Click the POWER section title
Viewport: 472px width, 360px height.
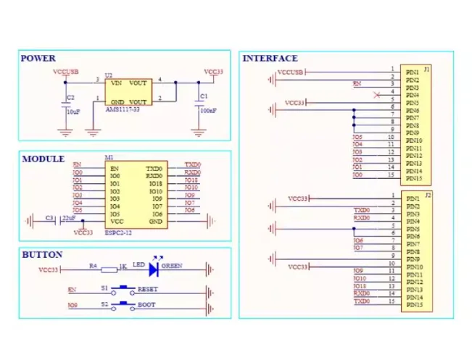(x=38, y=59)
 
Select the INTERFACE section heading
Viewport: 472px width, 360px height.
(x=270, y=59)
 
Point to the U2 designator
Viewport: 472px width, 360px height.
(x=109, y=75)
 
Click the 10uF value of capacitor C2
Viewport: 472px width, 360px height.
(x=73, y=112)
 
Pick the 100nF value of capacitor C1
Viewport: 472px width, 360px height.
(x=207, y=111)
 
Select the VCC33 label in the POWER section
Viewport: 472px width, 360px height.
(x=214, y=72)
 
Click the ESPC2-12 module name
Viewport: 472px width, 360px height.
(x=119, y=233)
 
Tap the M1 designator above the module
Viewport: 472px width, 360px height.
(x=109, y=157)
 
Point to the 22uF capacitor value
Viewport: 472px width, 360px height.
(x=69, y=217)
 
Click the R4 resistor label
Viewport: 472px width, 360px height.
(x=93, y=266)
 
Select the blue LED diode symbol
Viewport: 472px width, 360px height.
(x=153, y=269)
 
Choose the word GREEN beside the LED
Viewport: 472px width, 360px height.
(x=171, y=266)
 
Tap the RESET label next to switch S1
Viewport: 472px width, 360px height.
(x=147, y=289)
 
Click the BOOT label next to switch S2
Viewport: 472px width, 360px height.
(x=146, y=305)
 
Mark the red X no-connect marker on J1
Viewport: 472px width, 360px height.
(x=376, y=95)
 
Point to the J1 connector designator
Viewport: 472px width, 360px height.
(x=427, y=69)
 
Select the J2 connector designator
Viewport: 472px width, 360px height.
(x=428, y=195)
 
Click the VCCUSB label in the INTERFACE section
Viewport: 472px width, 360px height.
(x=291, y=72)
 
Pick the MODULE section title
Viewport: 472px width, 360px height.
(x=43, y=159)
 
